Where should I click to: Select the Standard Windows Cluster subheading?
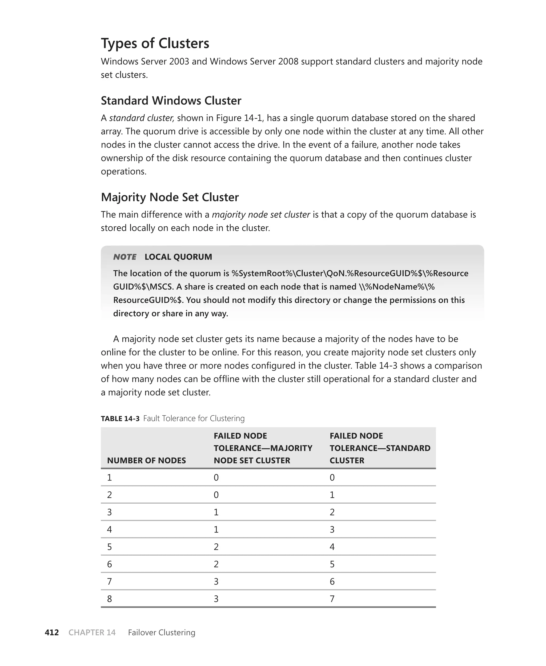coord(171,101)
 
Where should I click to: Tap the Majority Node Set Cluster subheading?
coord(170,197)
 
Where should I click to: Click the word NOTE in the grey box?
coord(125,257)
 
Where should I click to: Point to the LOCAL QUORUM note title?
coord(178,257)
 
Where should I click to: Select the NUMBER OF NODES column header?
coord(146,460)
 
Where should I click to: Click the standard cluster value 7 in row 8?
coord(332,599)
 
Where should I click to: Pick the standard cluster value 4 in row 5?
coord(332,547)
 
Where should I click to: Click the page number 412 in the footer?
coord(51,632)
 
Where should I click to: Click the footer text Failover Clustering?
coord(161,632)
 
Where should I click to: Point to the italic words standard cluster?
coord(142,118)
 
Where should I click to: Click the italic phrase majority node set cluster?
coord(261,214)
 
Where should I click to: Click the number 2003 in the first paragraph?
coord(179,61)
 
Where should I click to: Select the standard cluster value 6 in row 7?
coord(332,581)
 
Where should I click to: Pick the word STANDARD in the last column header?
coord(408,448)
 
